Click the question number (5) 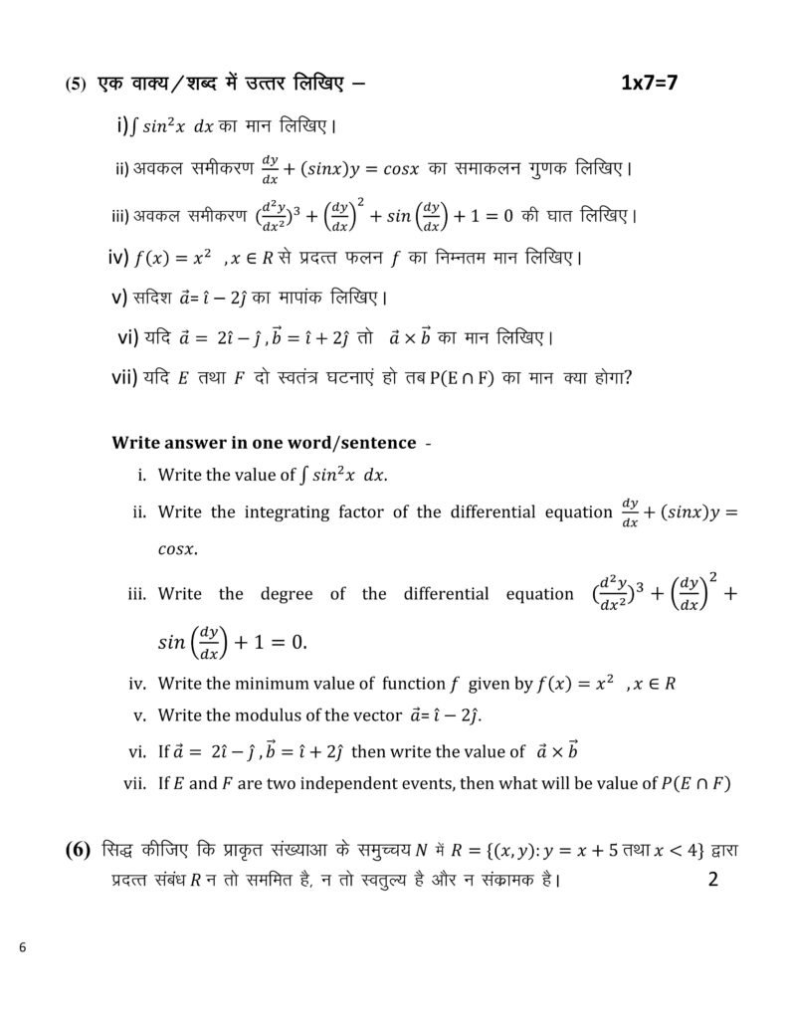click(x=77, y=86)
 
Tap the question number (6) click(x=78, y=850)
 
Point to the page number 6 click(x=22, y=946)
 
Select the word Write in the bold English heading click(x=137, y=441)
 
